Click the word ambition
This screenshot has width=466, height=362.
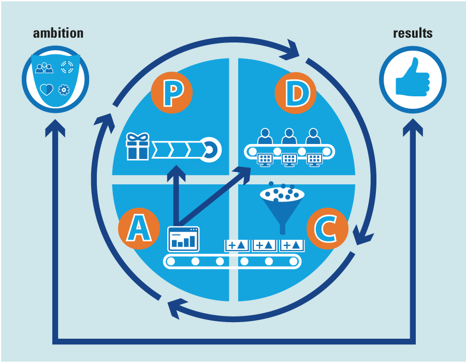(x=58, y=33)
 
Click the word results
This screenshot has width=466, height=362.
(x=413, y=33)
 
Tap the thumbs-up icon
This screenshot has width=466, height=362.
(x=412, y=78)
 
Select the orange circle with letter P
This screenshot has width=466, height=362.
(x=171, y=93)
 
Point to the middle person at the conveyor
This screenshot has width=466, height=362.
(x=288, y=137)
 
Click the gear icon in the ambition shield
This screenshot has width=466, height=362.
(x=64, y=89)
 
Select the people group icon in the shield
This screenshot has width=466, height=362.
(x=45, y=67)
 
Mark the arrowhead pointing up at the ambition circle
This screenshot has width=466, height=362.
(x=55, y=127)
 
